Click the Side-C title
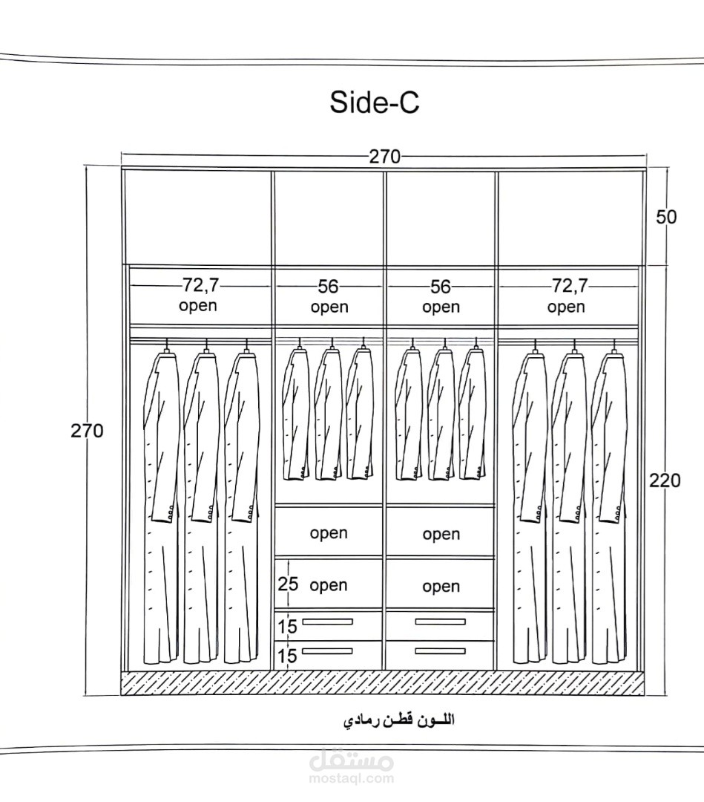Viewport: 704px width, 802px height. tap(375, 102)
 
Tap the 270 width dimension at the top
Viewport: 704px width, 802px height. tap(385, 157)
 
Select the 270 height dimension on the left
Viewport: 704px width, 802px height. tap(87, 431)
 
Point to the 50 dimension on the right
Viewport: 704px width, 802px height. tap(666, 217)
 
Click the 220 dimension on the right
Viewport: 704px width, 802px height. tap(665, 480)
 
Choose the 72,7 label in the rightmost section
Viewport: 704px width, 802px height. tap(570, 285)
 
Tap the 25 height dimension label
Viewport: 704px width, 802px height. tap(288, 584)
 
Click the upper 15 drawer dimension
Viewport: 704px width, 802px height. tap(287, 626)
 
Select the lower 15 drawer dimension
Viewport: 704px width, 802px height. tap(287, 656)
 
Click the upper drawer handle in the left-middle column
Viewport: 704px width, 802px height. tap(327, 622)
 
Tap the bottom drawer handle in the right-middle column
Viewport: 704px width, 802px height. tap(441, 651)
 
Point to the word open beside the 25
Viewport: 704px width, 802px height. tap(329, 586)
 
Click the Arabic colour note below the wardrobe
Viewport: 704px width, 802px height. tap(400, 720)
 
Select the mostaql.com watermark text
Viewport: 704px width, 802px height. tap(352, 779)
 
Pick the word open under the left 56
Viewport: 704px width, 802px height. tap(329, 307)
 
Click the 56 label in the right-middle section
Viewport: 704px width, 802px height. tap(441, 287)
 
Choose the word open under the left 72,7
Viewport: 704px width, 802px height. tap(198, 307)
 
